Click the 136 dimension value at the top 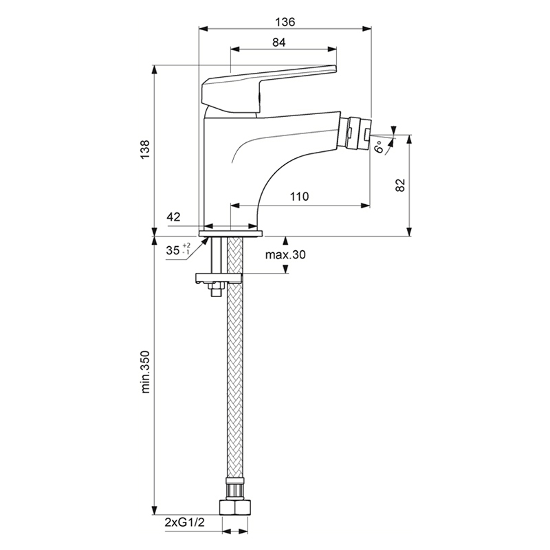285,22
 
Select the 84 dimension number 279,43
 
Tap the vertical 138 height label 145,149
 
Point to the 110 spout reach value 299,197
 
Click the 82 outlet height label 400,185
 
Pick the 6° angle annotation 379,146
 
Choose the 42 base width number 173,217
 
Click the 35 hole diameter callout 178,250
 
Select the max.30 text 285,254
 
